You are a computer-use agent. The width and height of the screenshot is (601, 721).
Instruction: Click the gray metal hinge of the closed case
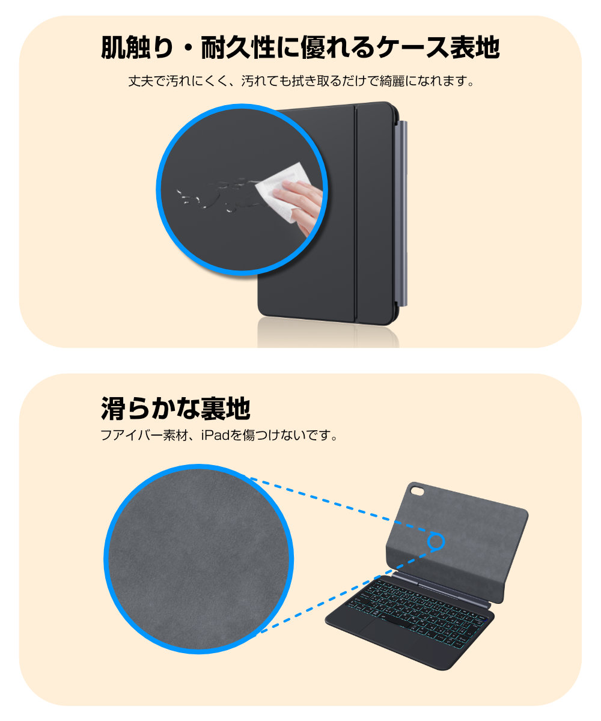[x=403, y=213]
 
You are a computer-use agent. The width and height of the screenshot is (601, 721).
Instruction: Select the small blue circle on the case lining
[x=436, y=541]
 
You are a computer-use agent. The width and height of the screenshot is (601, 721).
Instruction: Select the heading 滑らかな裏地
[x=175, y=409]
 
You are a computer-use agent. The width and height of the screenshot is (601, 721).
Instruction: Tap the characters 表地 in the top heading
[x=474, y=47]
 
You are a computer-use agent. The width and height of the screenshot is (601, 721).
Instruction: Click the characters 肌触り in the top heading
[x=137, y=47]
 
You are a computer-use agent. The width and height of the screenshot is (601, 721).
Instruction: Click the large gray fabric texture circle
[x=198, y=558]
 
